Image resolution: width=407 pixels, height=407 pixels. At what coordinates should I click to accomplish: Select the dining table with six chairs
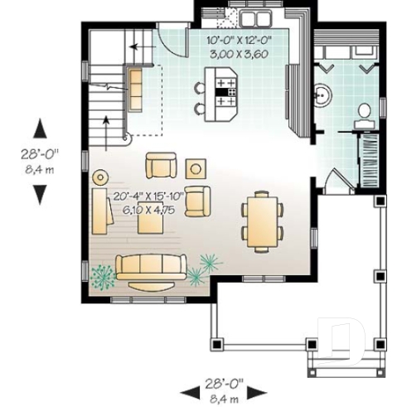[261, 220]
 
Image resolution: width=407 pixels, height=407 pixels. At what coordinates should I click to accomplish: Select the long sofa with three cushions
[150, 268]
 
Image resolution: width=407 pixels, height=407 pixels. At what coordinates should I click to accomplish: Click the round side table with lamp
[101, 177]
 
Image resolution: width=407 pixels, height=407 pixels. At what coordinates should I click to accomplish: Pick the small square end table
[196, 168]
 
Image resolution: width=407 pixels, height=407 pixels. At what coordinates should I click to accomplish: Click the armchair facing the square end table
[161, 166]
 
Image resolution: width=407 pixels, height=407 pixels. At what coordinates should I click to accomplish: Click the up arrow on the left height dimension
[39, 128]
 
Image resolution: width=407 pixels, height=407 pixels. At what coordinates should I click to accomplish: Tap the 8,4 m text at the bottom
[223, 399]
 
